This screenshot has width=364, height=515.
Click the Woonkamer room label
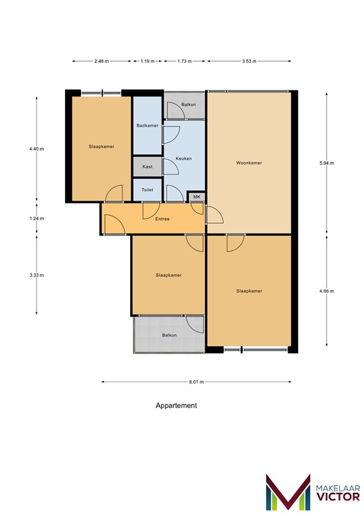(x=249, y=163)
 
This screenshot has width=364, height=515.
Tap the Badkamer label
(x=147, y=125)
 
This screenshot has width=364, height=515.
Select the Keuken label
(x=184, y=158)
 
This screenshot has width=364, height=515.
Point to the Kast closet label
(x=147, y=166)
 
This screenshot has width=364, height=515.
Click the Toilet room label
(x=147, y=190)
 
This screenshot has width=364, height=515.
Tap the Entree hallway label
(x=162, y=219)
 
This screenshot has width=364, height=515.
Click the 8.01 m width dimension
(x=196, y=382)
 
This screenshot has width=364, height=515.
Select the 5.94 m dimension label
(x=326, y=163)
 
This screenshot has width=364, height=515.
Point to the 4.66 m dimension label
(x=326, y=291)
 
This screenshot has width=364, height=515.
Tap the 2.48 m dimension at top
(x=102, y=61)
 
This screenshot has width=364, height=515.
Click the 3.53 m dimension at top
(x=249, y=61)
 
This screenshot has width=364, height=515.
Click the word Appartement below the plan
(x=176, y=406)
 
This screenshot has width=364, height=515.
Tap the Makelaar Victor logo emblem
(x=288, y=493)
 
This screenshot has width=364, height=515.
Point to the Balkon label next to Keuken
(x=189, y=105)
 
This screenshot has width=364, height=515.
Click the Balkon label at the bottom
(x=169, y=335)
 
